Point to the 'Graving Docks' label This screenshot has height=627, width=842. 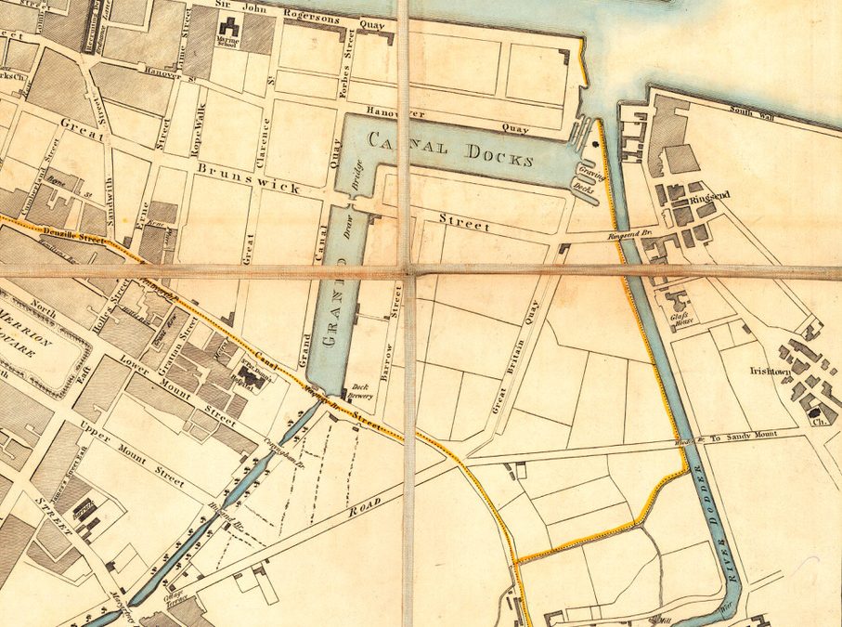585,178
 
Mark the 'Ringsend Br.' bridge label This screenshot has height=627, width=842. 628,236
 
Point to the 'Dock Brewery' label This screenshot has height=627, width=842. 359,394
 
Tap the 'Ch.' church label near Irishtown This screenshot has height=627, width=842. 819,420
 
